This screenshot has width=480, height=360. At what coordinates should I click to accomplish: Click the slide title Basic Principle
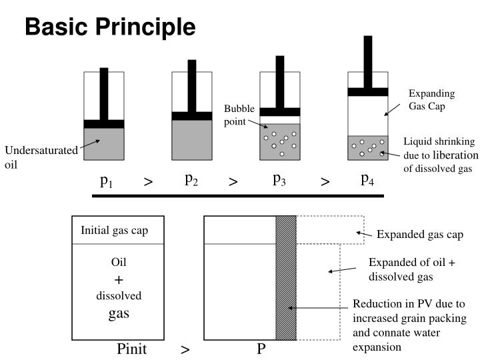tap(110, 27)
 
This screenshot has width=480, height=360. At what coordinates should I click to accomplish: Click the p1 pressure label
tap(106, 180)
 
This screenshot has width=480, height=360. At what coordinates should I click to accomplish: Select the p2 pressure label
tap(191, 179)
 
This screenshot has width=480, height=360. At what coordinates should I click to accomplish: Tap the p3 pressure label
tap(280, 179)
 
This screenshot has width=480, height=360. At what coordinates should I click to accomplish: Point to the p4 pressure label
tap(367, 179)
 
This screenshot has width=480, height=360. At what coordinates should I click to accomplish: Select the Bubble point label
tap(239, 114)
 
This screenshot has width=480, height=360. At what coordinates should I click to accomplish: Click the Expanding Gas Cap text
tap(431, 99)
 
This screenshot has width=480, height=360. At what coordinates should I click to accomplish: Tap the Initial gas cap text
tap(115, 231)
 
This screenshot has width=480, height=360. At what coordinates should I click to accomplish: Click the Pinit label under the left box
tap(131, 349)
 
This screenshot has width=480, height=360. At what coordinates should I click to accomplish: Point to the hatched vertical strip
tap(286, 277)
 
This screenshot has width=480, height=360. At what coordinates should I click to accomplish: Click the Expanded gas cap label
tap(419, 235)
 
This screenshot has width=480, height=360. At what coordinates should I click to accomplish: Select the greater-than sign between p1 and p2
tap(148, 181)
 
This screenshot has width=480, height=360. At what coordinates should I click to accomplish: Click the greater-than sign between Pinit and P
tap(185, 349)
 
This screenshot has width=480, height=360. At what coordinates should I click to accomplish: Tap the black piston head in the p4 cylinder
tap(368, 92)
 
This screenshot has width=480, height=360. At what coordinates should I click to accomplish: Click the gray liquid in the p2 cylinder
tap(192, 140)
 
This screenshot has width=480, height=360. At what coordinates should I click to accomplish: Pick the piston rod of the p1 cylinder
tap(103, 93)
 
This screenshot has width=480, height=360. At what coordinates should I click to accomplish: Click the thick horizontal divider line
tap(238, 196)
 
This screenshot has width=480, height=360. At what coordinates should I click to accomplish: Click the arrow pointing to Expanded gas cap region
tap(363, 233)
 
